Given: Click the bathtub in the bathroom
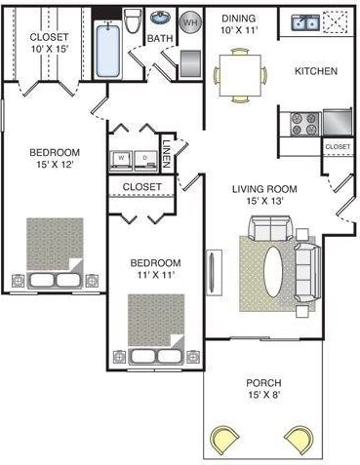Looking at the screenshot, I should (110, 43).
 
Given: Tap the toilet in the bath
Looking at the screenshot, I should (134, 21).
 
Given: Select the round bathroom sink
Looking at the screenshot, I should (160, 19).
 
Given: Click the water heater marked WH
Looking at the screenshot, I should (191, 21).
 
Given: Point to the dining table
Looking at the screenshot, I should (239, 76).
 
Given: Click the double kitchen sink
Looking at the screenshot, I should (305, 21).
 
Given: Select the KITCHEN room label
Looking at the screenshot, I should (316, 71).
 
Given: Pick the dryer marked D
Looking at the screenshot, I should (145, 156).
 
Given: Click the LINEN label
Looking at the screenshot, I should (168, 153).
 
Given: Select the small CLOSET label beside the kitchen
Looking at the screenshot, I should (338, 147).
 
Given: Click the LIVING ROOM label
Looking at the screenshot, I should (265, 188).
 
